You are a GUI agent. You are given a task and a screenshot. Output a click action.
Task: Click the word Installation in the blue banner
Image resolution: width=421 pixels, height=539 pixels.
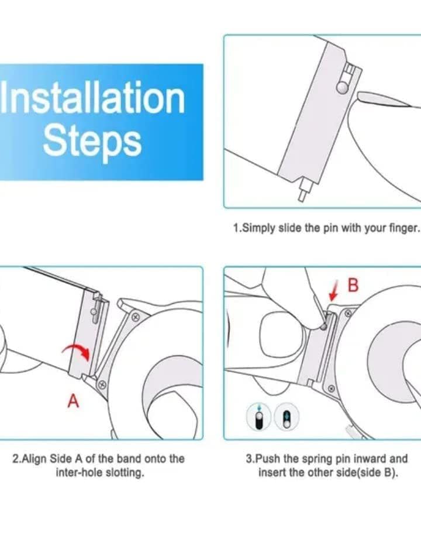click(92, 98)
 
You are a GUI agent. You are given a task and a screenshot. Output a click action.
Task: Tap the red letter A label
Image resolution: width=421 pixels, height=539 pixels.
click(73, 401)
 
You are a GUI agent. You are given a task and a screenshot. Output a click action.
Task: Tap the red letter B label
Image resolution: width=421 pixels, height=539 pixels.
click(353, 285)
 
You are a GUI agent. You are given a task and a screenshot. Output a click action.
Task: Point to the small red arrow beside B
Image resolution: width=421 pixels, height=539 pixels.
click(333, 291)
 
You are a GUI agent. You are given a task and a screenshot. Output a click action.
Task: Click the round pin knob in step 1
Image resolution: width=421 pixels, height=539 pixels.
click(343, 88)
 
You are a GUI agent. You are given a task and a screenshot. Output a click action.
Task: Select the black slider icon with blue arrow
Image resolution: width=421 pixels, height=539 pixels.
click(259, 416)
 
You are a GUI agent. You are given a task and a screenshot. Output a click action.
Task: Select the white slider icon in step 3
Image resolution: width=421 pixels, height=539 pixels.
click(287, 416)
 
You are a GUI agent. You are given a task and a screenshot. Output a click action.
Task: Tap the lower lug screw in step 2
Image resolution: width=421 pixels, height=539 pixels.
click(102, 385)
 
